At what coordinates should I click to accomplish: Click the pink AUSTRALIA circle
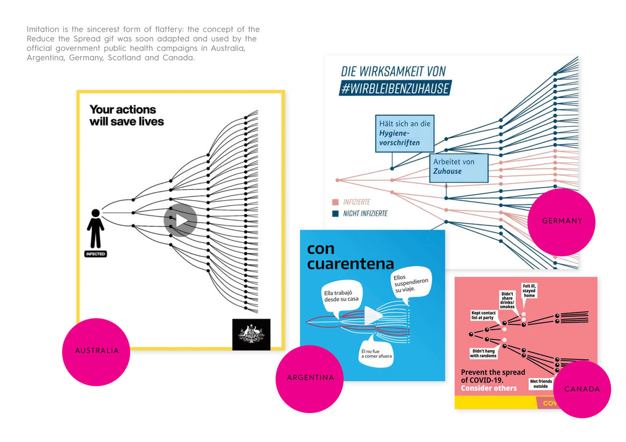[96, 352]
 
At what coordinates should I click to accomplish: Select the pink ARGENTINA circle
[310, 378]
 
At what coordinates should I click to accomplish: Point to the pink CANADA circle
[582, 389]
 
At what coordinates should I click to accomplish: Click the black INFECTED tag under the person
[95, 254]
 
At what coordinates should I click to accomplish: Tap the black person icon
[95, 228]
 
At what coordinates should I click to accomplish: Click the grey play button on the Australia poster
[181, 220]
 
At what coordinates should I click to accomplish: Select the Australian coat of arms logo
[251, 334]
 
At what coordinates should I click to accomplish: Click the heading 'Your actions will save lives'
[126, 116]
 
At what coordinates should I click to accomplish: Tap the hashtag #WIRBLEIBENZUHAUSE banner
[395, 88]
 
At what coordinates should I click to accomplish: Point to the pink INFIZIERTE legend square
[335, 202]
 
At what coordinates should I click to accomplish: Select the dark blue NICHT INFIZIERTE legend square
[335, 214]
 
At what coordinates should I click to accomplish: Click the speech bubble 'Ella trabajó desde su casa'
[341, 296]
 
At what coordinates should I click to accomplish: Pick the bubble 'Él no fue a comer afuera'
[376, 353]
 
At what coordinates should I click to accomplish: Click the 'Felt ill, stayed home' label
[529, 291]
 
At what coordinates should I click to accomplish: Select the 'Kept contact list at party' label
[483, 315]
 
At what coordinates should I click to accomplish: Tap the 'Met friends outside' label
[541, 384]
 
